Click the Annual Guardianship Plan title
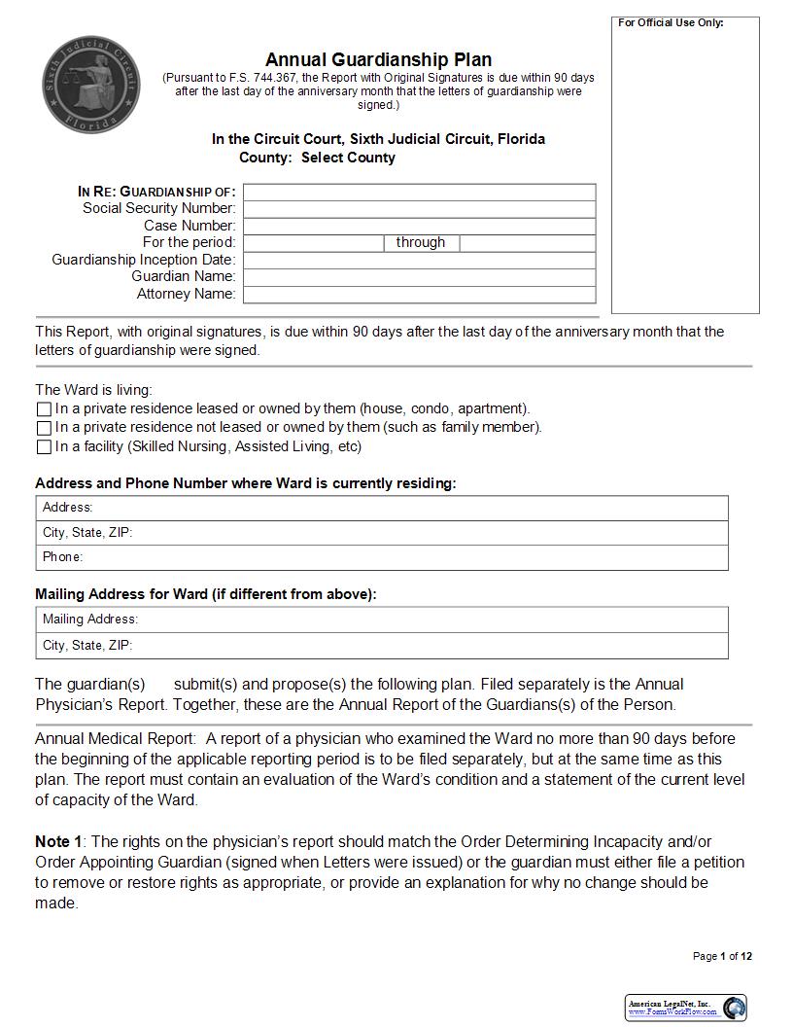pos(378,60)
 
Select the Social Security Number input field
pos(419,208)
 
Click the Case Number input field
pos(419,226)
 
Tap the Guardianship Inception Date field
pos(419,260)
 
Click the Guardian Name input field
pos(419,277)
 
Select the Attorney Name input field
pos(419,294)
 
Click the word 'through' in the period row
pos(421,242)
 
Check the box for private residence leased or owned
pos(44,409)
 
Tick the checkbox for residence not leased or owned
pos(44,428)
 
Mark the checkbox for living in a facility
pos(44,447)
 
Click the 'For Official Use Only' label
pos(671,22)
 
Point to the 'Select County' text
pos(348,158)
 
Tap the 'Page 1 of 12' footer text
pos(722,956)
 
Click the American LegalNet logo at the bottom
pos(685,1007)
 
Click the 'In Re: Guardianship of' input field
pos(419,192)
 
